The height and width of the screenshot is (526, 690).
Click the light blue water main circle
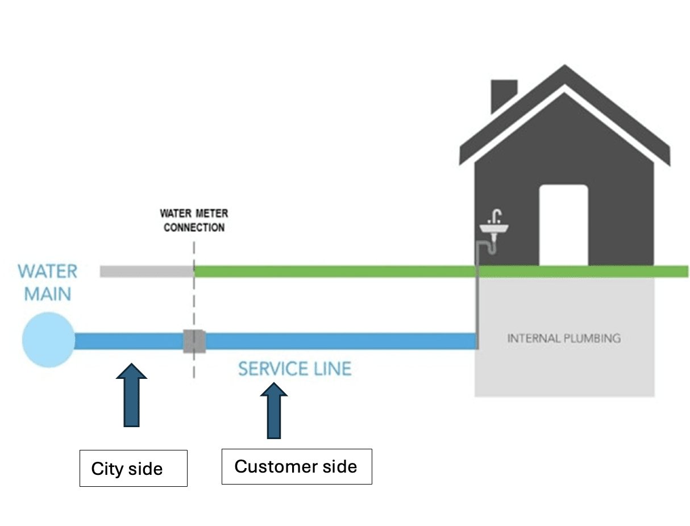(x=48, y=340)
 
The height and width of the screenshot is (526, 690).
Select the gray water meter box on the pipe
(x=193, y=341)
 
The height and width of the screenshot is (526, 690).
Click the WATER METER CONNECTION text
(x=194, y=220)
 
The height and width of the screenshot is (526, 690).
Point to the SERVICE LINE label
(x=294, y=369)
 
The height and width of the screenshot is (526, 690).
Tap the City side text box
(x=133, y=468)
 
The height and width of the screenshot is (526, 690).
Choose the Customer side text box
(x=296, y=466)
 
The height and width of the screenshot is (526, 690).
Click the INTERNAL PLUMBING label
(x=564, y=339)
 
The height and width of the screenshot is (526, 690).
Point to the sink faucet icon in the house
(x=494, y=224)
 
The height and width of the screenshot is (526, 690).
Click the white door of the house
(x=563, y=224)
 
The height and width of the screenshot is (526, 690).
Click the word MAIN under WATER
(x=48, y=294)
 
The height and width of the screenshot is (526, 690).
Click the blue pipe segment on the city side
(x=128, y=341)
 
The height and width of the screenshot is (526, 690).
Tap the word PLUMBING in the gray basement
(x=592, y=339)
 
